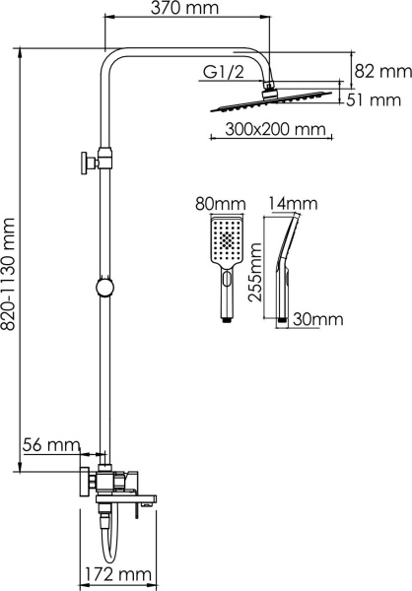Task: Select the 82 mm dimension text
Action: (x=382, y=71)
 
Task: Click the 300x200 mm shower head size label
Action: (x=262, y=130)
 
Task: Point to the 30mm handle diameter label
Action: (x=318, y=318)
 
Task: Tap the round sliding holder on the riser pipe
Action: (x=103, y=290)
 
